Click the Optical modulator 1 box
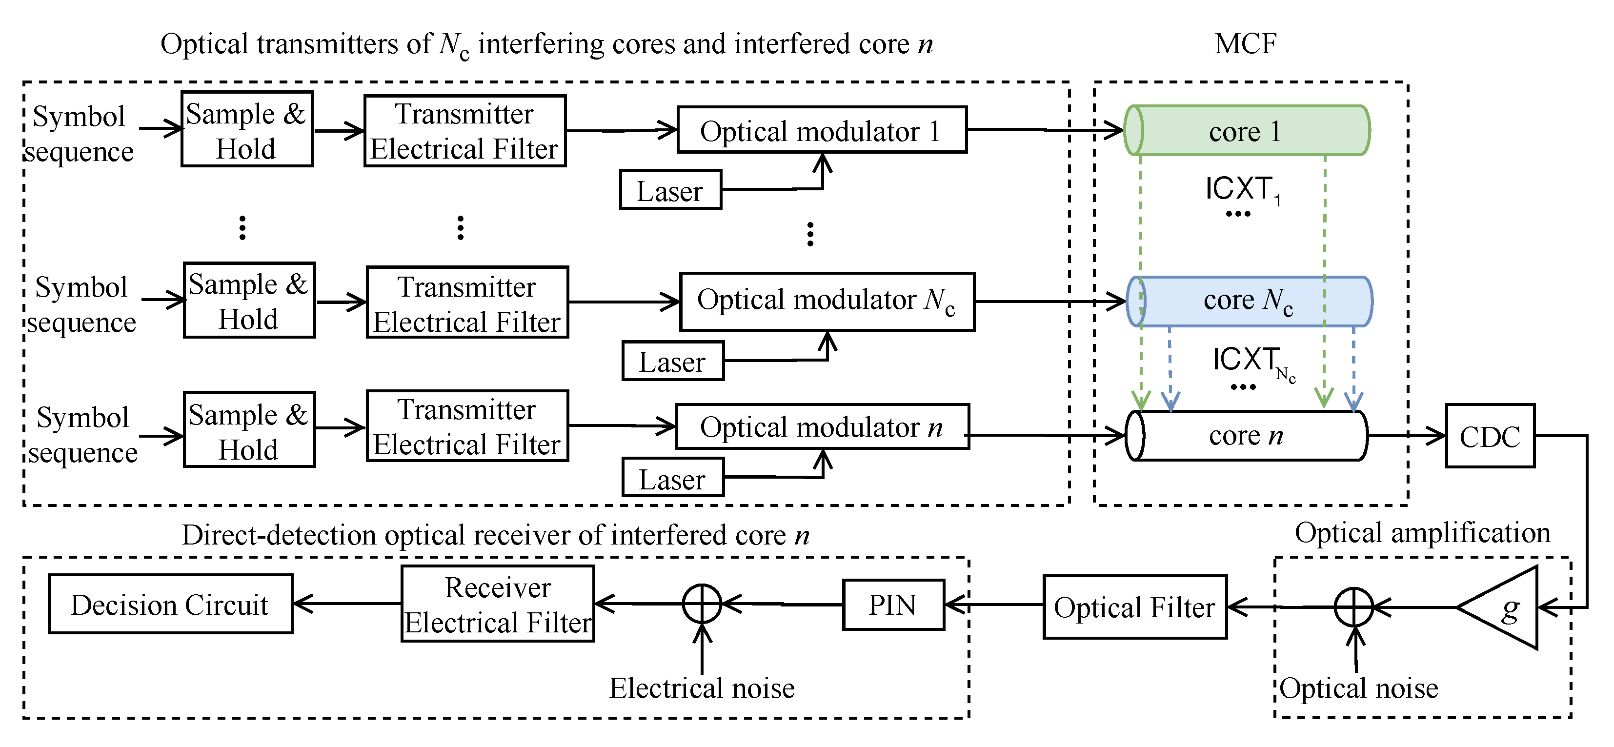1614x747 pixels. tap(822, 130)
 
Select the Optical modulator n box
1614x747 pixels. tap(822, 427)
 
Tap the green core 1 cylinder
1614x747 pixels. tap(1247, 130)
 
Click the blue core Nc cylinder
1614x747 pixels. tap(1250, 302)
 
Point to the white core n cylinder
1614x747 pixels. tap(1246, 436)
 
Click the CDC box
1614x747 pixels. tap(1489, 436)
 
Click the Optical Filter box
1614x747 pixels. tap(1134, 606)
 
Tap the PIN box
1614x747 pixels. tap(893, 605)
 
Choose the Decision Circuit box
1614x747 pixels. tap(170, 604)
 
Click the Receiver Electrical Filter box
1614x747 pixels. tap(498, 604)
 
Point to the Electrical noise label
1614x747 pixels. tap(702, 688)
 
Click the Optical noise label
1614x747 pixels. tap(1358, 688)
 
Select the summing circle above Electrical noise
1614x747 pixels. tap(702, 604)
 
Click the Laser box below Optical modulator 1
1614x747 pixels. tap(670, 190)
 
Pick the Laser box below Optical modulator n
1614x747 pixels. tap(672, 478)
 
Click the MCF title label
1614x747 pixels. tap(1245, 44)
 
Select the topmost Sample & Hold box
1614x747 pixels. tap(246, 130)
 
